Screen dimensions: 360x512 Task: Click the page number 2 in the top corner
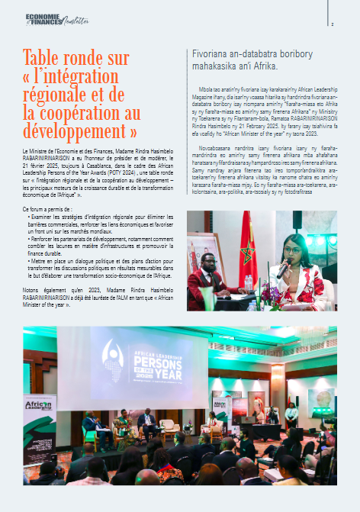click(342, 24)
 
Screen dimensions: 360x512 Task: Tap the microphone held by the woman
click(284, 269)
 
